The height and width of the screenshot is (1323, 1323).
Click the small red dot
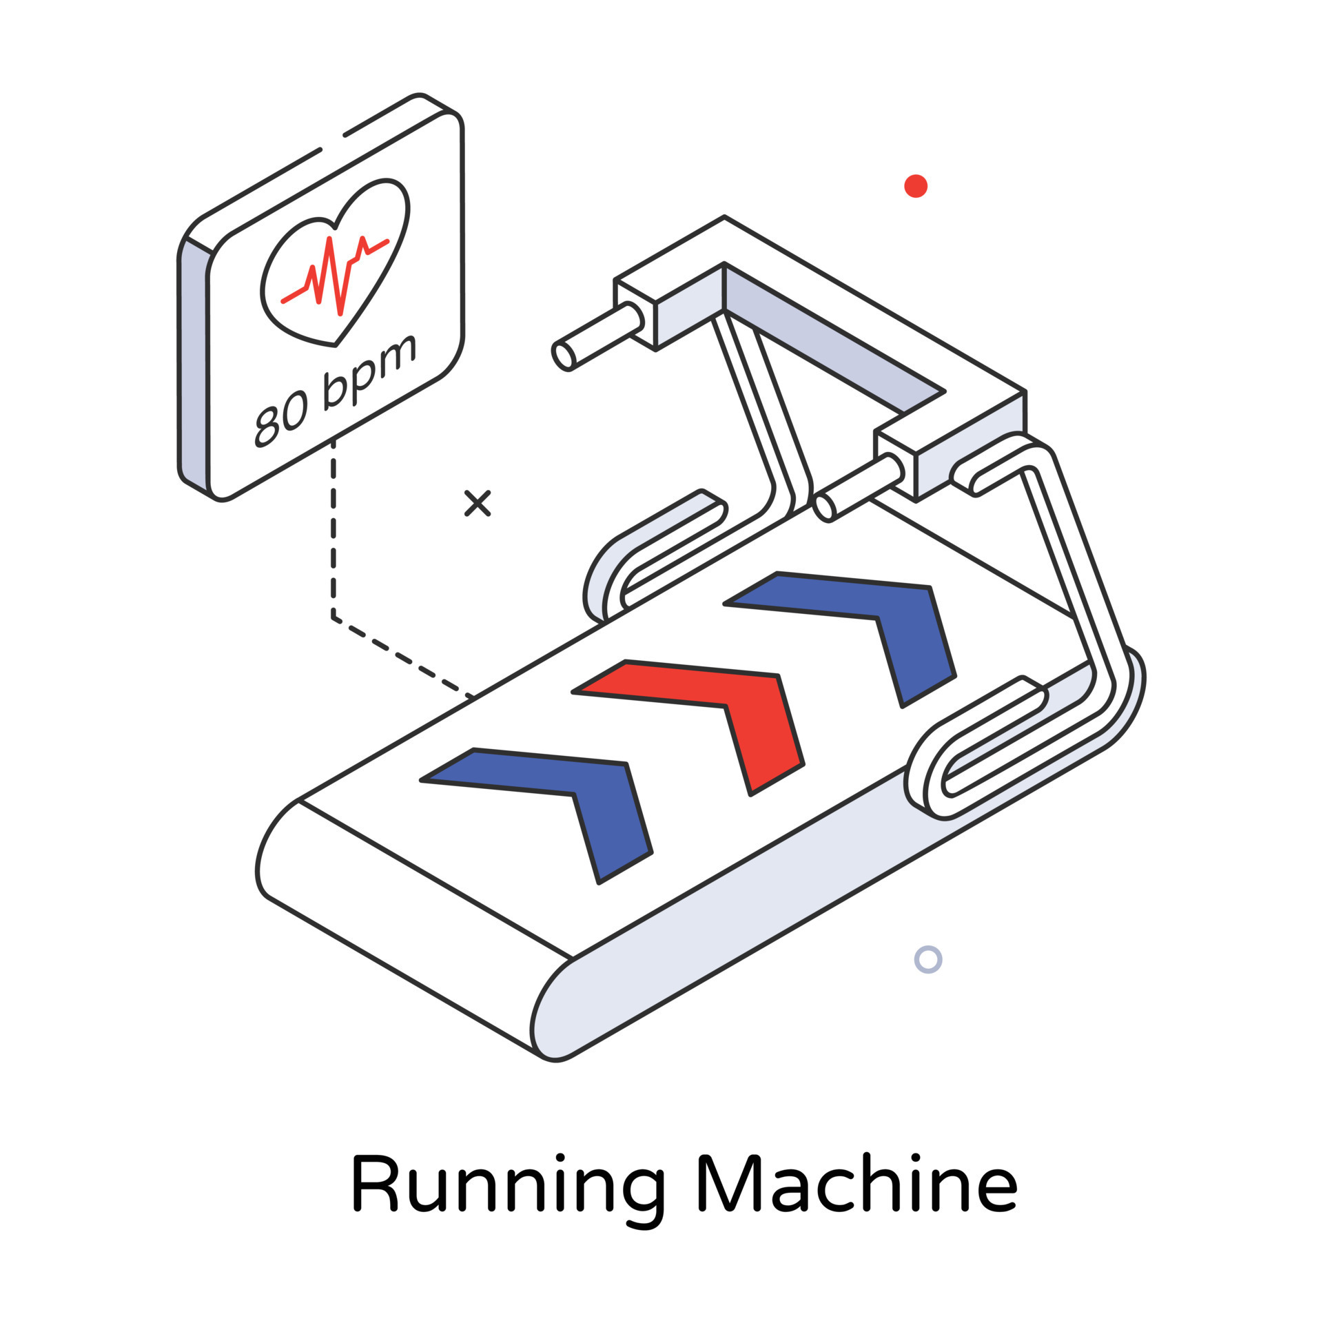[x=915, y=186]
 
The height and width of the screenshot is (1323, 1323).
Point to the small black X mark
[x=477, y=503]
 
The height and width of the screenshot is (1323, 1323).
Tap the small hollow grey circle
[x=927, y=959]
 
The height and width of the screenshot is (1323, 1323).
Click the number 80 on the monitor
[x=281, y=418]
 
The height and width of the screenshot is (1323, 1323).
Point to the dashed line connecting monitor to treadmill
[x=334, y=551]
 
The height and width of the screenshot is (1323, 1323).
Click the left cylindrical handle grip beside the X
[x=596, y=338]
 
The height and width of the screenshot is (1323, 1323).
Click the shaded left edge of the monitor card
[x=193, y=365]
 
